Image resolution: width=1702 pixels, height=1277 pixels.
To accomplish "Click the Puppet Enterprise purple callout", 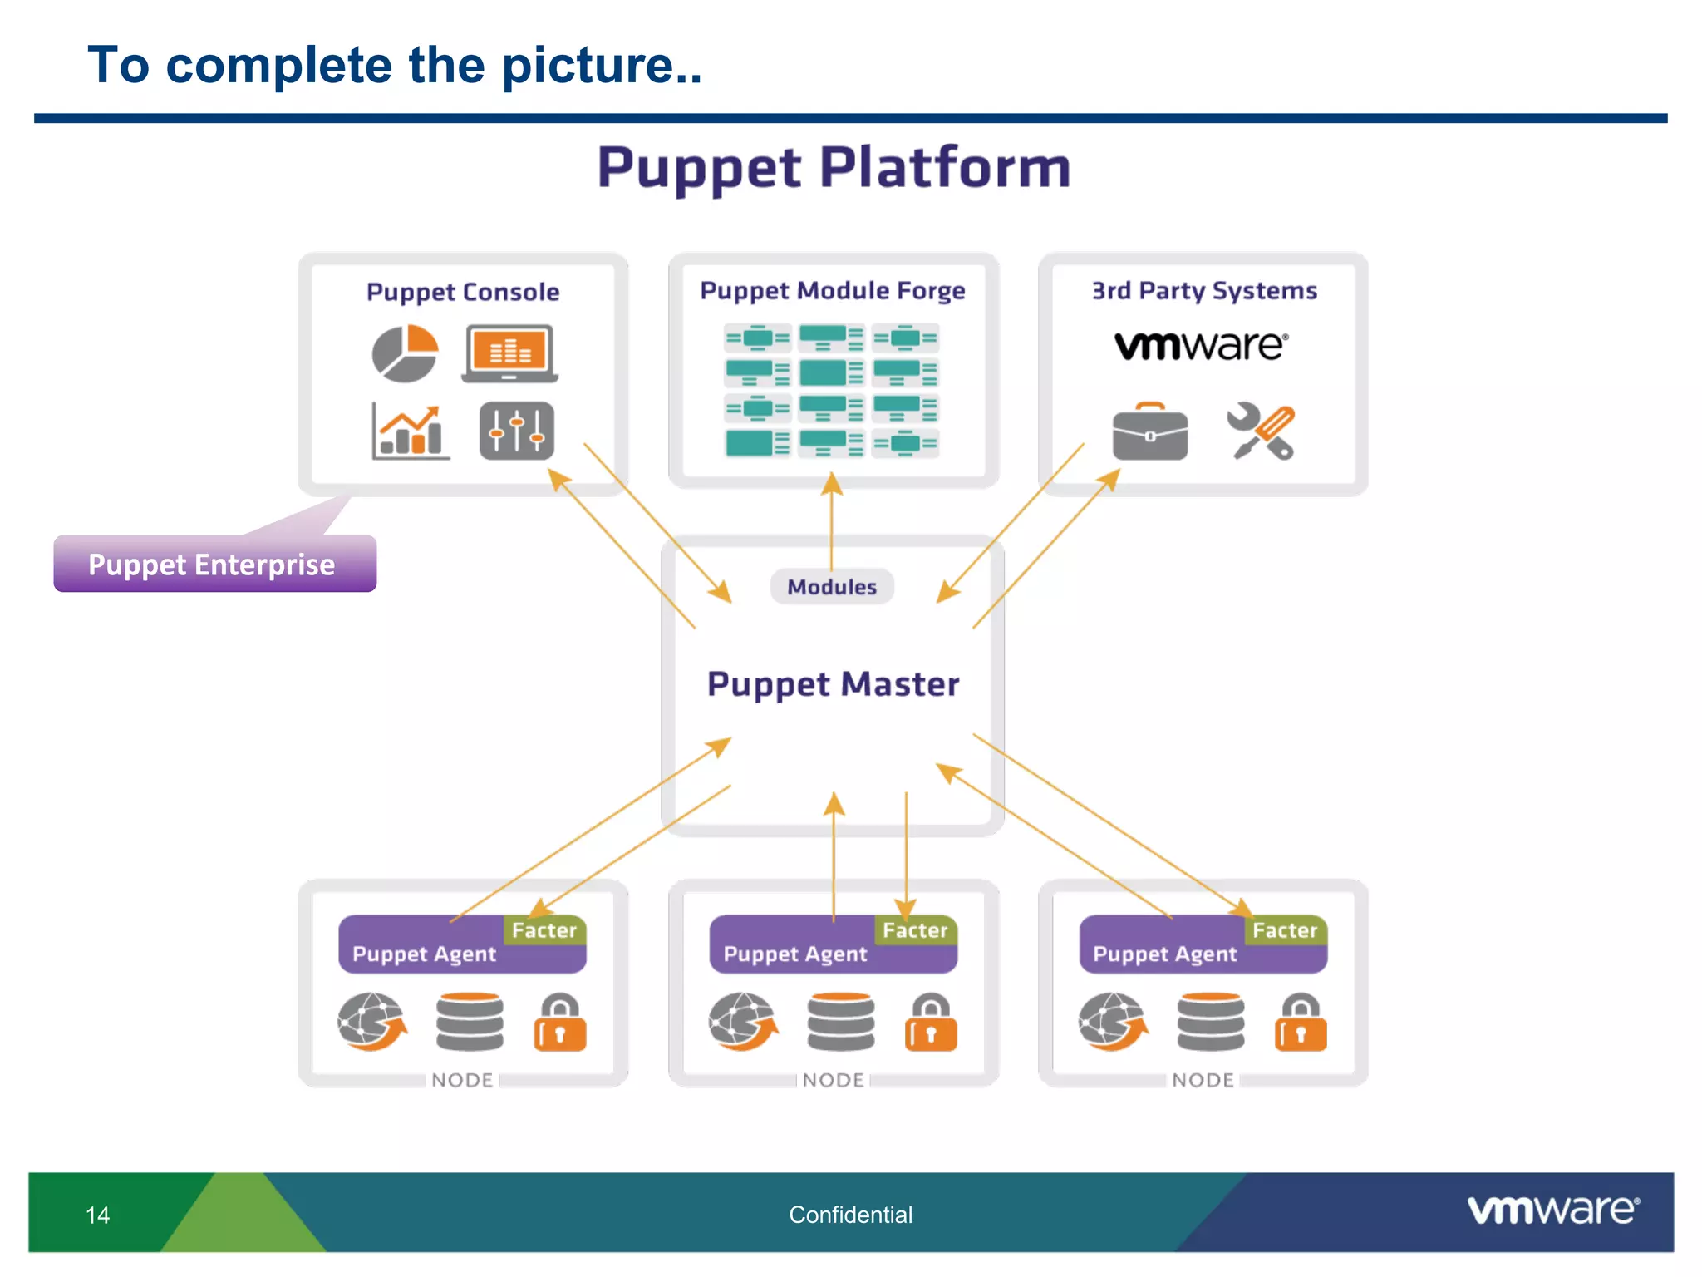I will [x=214, y=565].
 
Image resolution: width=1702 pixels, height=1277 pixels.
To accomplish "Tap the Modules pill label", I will [x=832, y=587].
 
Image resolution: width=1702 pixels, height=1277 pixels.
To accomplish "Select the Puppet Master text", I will [x=833, y=684].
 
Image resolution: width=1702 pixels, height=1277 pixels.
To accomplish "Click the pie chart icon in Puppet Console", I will [x=405, y=353].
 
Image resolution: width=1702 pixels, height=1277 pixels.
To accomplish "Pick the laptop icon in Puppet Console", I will [x=509, y=353].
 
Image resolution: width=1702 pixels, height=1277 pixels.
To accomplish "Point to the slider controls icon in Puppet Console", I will [x=516, y=431].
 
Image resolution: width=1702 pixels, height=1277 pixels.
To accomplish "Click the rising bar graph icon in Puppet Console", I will [x=410, y=431].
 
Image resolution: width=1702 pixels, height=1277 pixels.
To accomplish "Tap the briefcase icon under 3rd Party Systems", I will [x=1149, y=431].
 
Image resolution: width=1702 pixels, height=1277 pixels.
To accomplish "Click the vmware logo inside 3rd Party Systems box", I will [x=1201, y=345].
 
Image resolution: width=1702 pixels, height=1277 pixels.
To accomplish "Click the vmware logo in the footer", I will [x=1552, y=1210].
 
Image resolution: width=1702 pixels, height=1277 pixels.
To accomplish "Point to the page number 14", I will [x=97, y=1215].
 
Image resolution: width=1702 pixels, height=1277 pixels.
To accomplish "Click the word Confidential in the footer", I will [x=850, y=1215].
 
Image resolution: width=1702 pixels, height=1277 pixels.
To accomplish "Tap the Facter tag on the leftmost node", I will [x=544, y=930].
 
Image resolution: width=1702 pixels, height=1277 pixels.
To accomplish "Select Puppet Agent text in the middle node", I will [x=794, y=954].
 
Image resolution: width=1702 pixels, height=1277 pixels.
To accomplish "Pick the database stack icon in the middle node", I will [x=840, y=1022].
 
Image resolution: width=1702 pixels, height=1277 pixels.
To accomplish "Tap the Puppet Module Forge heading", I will [x=832, y=291].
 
